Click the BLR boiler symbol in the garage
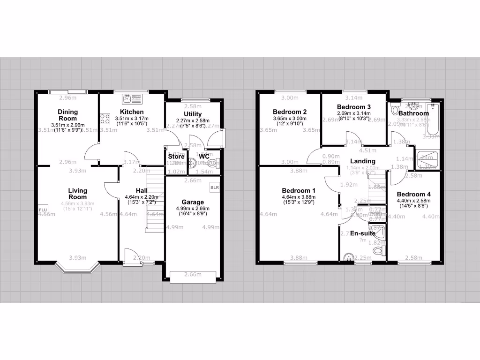(215, 187)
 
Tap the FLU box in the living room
(43, 210)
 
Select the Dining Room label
(68, 115)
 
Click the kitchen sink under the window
(132, 98)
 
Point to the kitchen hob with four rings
(104, 119)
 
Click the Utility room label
(193, 114)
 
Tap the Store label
(176, 157)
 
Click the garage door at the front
(193, 277)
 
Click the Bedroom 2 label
(290, 112)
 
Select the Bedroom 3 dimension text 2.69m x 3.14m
(354, 113)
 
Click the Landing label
(362, 161)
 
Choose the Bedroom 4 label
(413, 194)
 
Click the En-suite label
(362, 233)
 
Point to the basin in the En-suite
(348, 256)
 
